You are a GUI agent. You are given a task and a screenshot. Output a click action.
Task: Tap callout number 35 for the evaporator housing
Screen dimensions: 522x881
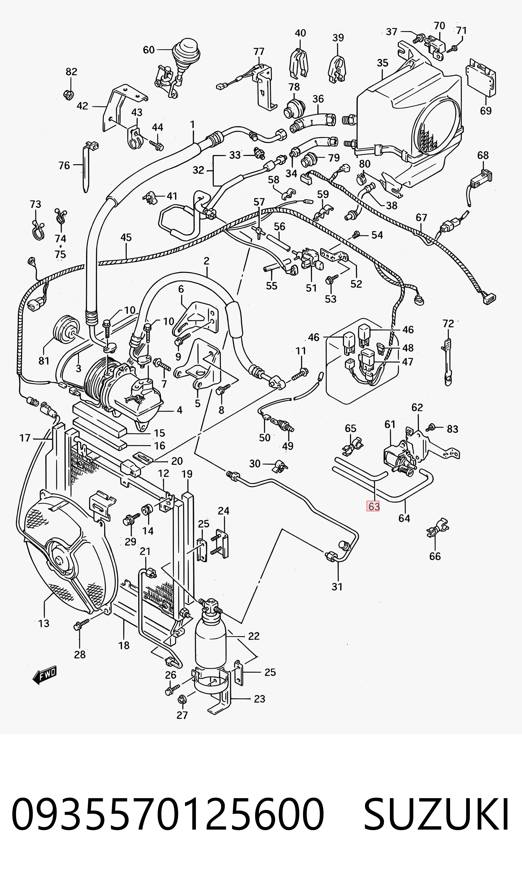pos(382,63)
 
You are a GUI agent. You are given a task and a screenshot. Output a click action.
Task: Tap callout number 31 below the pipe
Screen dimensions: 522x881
pos(337,586)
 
